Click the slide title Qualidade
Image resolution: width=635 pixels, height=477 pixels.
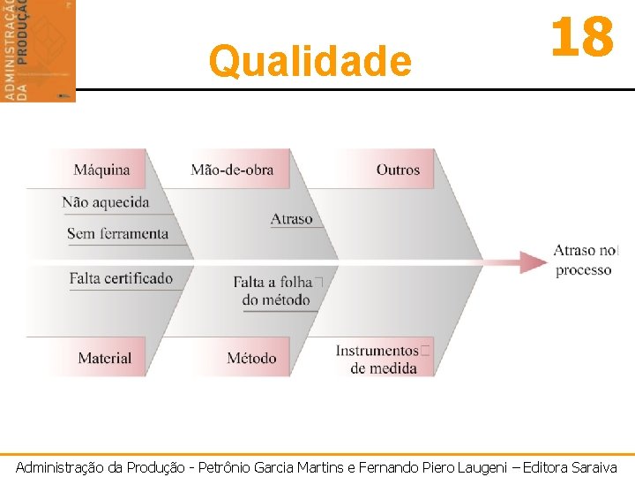310,62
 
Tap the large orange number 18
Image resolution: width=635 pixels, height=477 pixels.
581,38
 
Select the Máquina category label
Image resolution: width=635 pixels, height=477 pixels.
101,170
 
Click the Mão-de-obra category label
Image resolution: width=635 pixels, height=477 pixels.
232,170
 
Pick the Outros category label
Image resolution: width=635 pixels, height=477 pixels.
398,170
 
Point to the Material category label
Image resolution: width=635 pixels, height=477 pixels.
104,358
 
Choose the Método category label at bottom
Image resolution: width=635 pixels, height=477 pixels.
251,358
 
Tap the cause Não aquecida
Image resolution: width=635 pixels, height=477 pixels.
106,202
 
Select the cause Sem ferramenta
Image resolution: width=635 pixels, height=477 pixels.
117,234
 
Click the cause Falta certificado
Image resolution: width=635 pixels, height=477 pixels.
121,278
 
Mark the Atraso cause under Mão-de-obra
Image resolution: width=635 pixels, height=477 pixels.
292,219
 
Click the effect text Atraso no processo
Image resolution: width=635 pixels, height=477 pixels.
585,261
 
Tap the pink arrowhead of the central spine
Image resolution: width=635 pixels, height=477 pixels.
534,261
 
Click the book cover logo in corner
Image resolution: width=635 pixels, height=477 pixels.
38,49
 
